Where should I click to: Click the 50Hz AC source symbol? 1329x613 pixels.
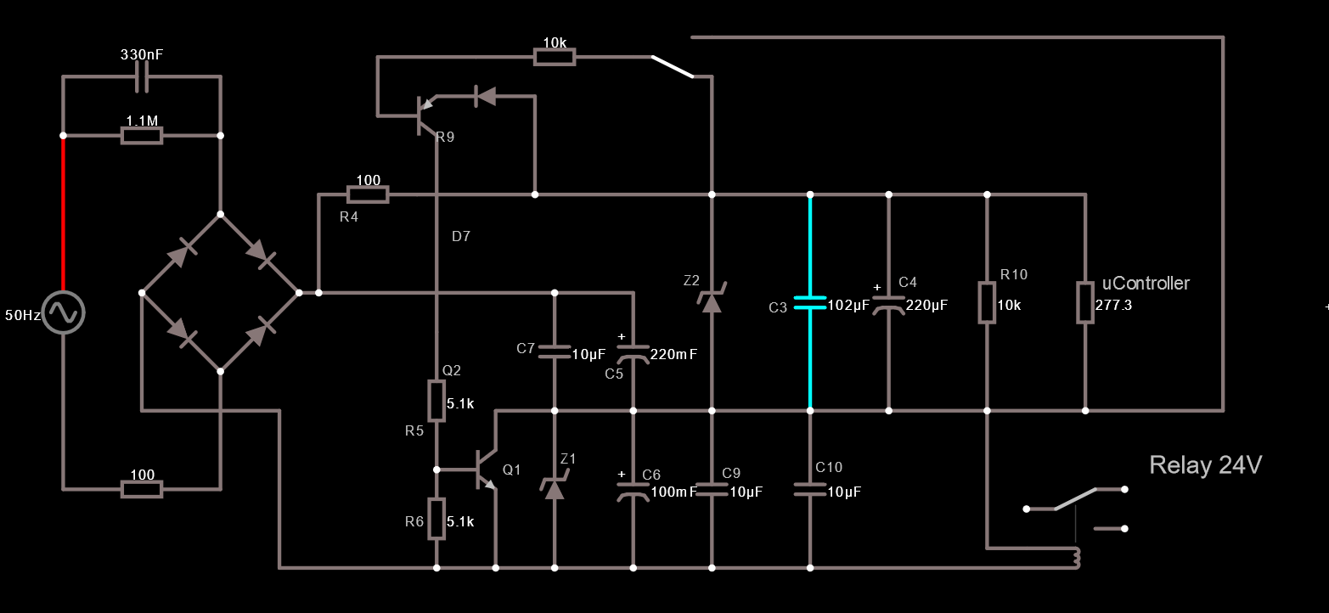[x=64, y=312]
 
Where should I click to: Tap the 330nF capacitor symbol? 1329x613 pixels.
[x=142, y=76]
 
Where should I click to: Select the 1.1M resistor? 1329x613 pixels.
[x=142, y=136]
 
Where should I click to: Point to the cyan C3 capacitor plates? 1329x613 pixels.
[x=810, y=302]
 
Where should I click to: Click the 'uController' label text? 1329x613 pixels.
[x=1146, y=283]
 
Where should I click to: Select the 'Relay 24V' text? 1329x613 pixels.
[x=1205, y=465]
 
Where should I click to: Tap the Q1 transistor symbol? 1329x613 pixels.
[x=487, y=470]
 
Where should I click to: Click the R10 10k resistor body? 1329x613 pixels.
[x=987, y=302]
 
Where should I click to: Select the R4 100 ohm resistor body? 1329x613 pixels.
[x=368, y=194]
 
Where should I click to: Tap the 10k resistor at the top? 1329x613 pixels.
[x=555, y=57]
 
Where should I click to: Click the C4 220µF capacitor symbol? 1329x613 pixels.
[x=888, y=305]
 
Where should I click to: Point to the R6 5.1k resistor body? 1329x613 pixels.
[x=436, y=519]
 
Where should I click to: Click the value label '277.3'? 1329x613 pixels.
[x=1113, y=305]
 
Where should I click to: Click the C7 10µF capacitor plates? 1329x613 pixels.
[x=555, y=351]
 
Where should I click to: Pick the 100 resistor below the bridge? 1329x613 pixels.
[x=142, y=490]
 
